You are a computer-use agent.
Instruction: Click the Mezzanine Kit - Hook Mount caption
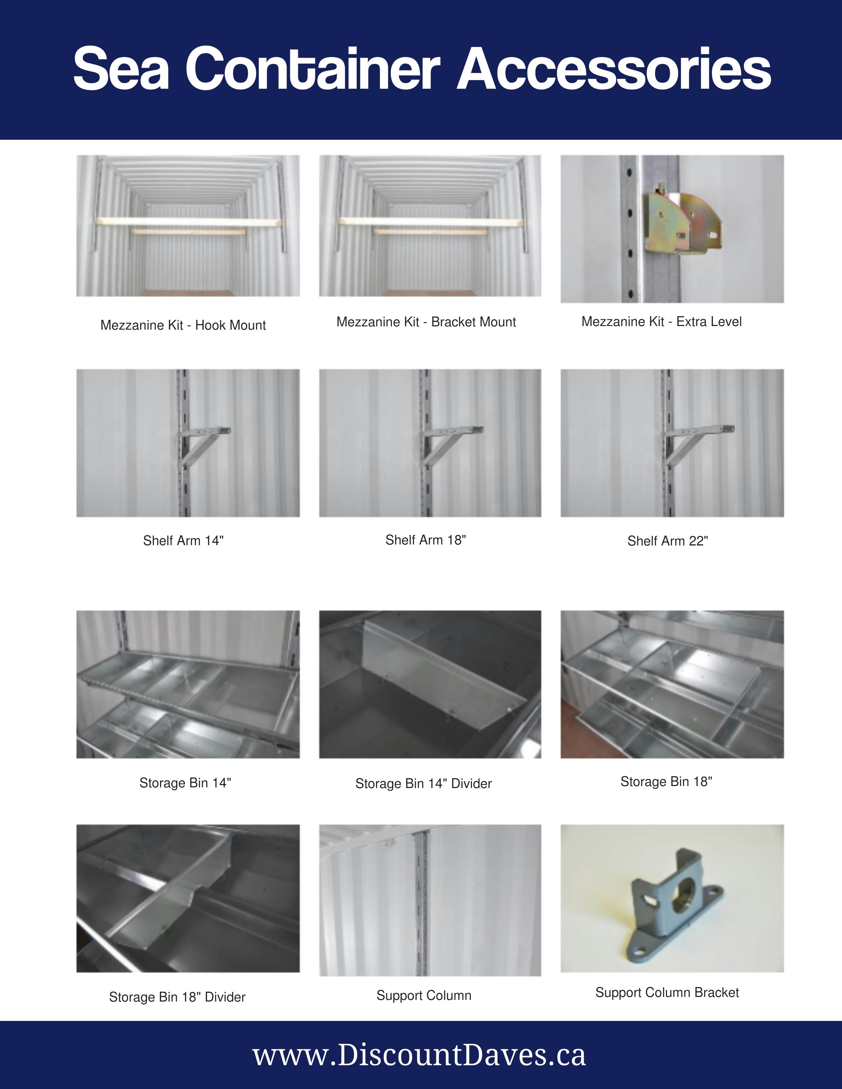[x=183, y=325]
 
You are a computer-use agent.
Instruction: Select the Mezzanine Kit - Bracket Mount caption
[x=426, y=322]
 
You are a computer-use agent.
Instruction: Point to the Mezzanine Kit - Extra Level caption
[x=661, y=322]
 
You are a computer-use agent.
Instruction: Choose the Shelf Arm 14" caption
[x=183, y=541]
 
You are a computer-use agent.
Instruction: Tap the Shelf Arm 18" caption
[x=426, y=540]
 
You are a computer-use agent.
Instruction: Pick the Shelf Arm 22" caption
[x=667, y=541]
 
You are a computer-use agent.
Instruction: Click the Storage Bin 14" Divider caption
[x=424, y=783]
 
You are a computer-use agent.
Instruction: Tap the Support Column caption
[x=424, y=995]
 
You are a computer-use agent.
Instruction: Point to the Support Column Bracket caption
[x=667, y=992]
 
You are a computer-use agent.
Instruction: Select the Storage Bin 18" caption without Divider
[x=666, y=781]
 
